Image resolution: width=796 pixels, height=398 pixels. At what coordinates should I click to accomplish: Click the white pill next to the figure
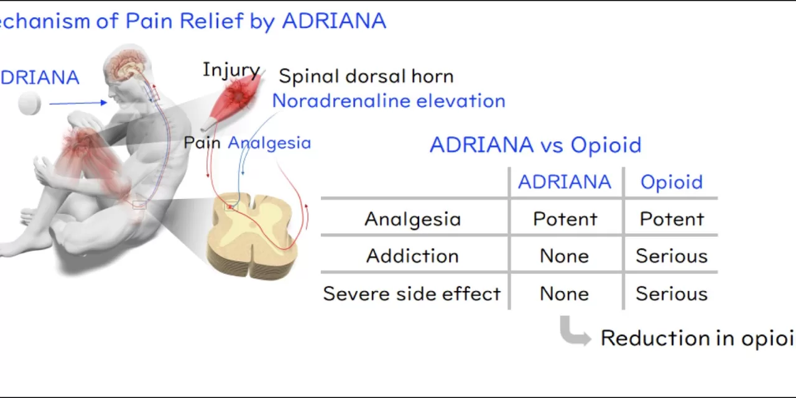tap(29, 103)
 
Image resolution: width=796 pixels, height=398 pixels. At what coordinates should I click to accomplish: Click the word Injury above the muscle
tap(231, 70)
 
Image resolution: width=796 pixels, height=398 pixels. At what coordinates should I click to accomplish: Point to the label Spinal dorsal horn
tap(366, 76)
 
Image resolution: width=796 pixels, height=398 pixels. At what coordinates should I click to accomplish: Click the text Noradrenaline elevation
tap(388, 101)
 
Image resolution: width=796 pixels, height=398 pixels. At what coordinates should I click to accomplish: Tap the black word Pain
tap(202, 143)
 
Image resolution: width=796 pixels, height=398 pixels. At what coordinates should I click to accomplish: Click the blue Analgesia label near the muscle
tap(269, 143)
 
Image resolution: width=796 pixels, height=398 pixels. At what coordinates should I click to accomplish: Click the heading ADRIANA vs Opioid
tap(535, 145)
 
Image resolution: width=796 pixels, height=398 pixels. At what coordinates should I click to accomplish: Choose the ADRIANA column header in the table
tap(565, 182)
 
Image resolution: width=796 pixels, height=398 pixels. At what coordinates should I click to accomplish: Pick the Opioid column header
tap(672, 182)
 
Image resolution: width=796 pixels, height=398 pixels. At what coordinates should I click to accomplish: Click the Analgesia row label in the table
tap(412, 219)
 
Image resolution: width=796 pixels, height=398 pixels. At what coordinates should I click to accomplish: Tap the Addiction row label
tap(412, 256)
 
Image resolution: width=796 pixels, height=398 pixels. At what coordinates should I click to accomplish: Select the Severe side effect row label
tap(412, 294)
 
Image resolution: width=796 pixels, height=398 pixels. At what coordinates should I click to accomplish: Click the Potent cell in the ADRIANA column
tap(565, 219)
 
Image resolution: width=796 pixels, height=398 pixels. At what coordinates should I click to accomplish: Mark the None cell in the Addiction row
tap(565, 256)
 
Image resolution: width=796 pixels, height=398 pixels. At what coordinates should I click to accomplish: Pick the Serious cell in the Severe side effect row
tap(672, 294)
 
